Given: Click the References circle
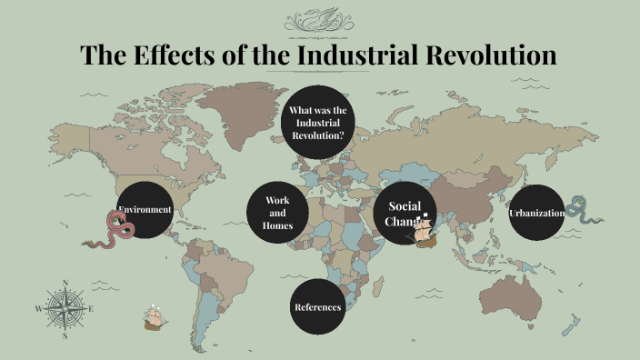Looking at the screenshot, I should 317,307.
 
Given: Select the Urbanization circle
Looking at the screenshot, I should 535,213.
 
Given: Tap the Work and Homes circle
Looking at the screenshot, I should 277,213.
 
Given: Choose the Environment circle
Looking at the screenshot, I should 145,210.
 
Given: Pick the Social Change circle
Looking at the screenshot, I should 403,213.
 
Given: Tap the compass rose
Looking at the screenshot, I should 65,309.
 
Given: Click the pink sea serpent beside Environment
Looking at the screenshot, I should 114,230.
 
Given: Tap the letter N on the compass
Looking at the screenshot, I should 65,282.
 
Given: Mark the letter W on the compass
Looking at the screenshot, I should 38,309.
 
